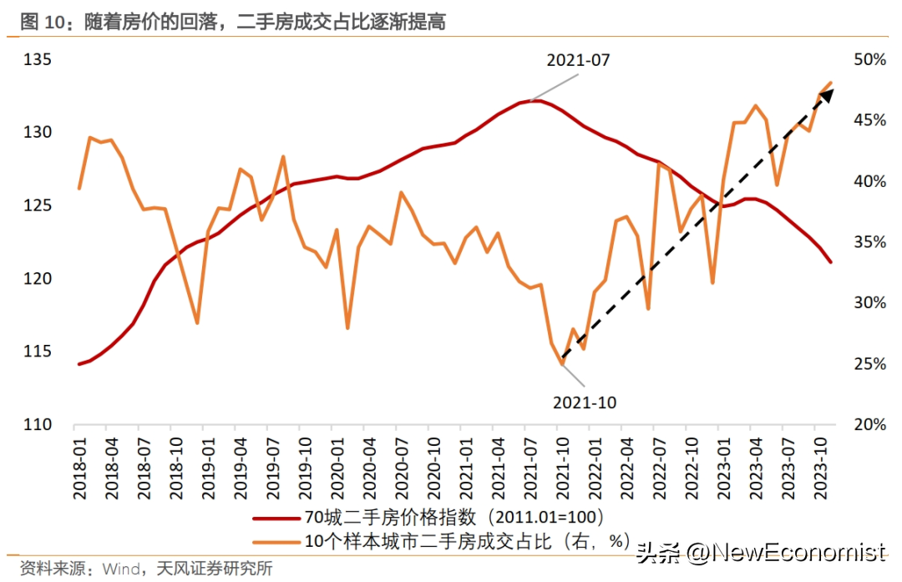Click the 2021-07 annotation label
coord(578,61)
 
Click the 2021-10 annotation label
coord(585,402)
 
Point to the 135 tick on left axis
coord(38,60)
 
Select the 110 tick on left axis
coord(38,425)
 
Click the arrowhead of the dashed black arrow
coord(827,94)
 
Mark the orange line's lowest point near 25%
coord(562,364)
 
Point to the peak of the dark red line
coord(536,101)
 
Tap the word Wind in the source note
coord(121,569)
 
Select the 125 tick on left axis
coord(38,206)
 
